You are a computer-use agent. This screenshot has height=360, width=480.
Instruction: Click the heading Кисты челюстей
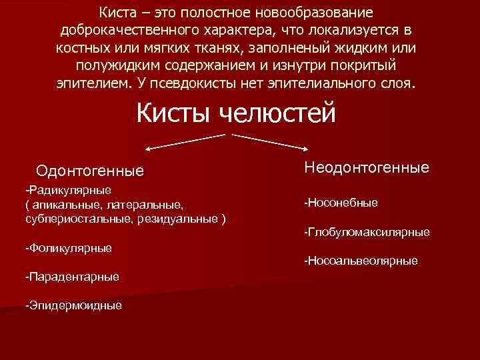point(236,113)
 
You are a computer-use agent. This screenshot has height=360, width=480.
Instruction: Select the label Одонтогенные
point(90,171)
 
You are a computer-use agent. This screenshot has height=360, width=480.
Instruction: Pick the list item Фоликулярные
point(68,248)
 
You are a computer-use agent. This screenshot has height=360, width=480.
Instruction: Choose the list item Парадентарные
point(71,276)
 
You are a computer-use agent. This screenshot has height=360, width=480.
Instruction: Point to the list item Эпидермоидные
point(73,305)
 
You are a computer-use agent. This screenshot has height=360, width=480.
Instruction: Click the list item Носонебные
point(341,202)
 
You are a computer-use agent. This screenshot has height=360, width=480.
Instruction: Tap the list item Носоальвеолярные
point(361,261)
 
